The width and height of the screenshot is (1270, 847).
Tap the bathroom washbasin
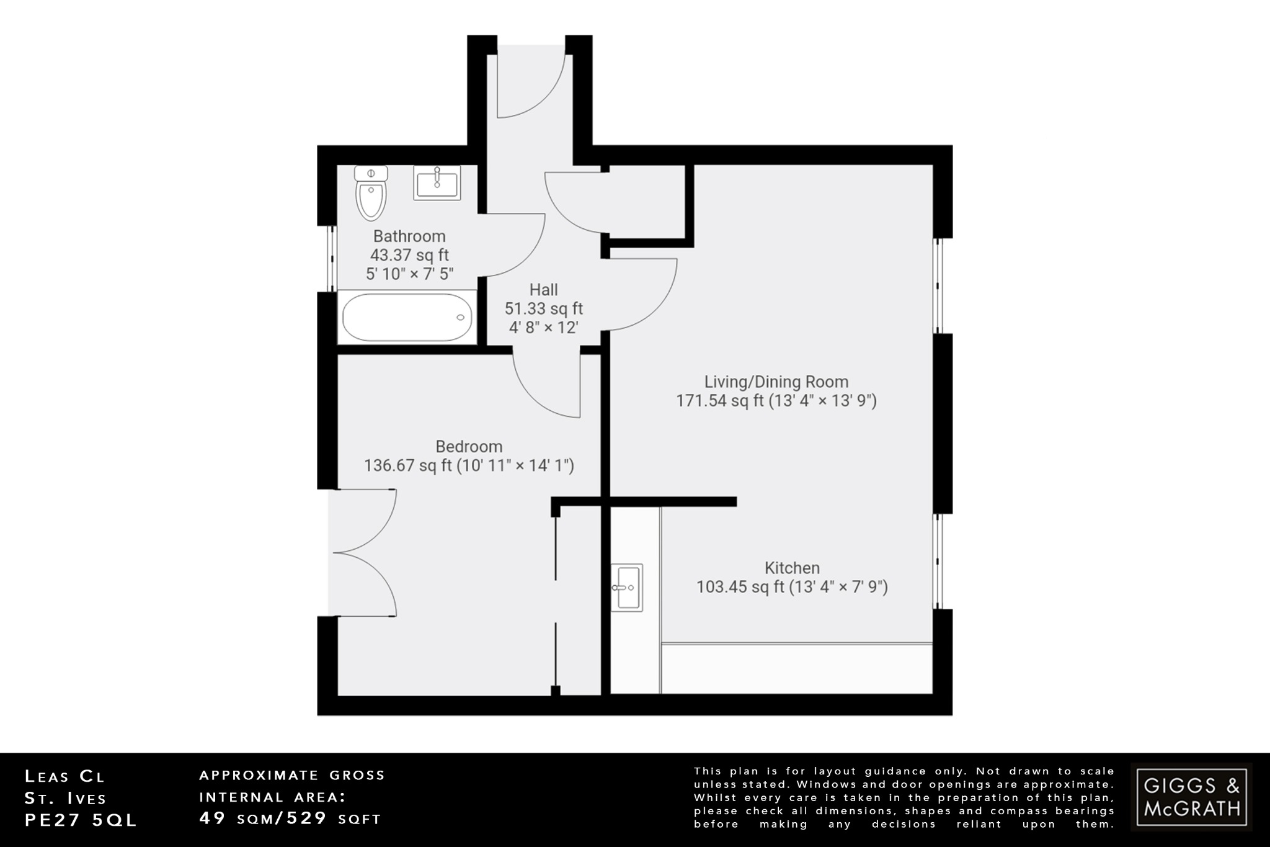coord(437,184)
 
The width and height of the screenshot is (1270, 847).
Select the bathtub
coord(407,317)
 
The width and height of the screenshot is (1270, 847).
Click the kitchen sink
coord(626,587)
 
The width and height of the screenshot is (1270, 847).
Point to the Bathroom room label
coord(409,236)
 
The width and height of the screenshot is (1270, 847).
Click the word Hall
coord(543,290)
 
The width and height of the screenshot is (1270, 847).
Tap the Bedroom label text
coord(469,447)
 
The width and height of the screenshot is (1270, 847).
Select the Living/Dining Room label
coord(776,382)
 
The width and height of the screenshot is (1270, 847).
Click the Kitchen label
coord(792,568)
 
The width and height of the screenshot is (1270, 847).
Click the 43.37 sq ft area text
coord(409,255)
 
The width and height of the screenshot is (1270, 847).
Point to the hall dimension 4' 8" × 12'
coord(543,327)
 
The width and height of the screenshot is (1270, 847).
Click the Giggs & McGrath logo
coord(1191,797)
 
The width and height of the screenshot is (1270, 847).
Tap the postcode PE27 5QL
coord(81,820)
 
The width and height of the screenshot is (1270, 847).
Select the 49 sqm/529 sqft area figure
coord(290,818)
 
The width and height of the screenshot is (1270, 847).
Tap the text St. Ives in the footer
coord(66,798)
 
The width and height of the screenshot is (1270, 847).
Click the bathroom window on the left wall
coord(331,258)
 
